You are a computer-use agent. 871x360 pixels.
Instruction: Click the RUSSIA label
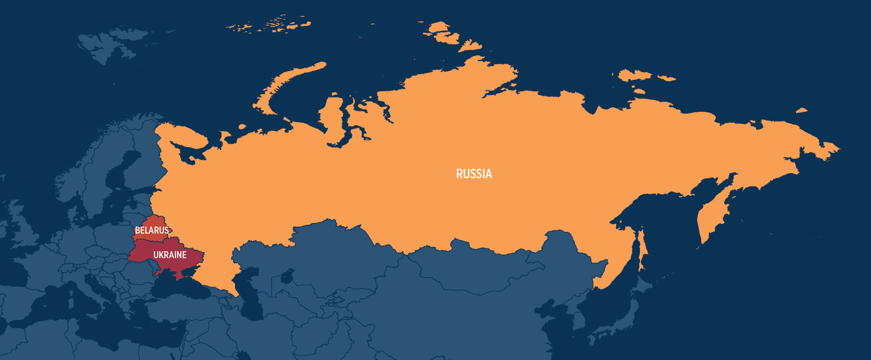click(474, 174)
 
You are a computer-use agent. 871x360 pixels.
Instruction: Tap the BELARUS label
click(152, 230)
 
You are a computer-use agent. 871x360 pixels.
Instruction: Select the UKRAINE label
click(170, 255)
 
